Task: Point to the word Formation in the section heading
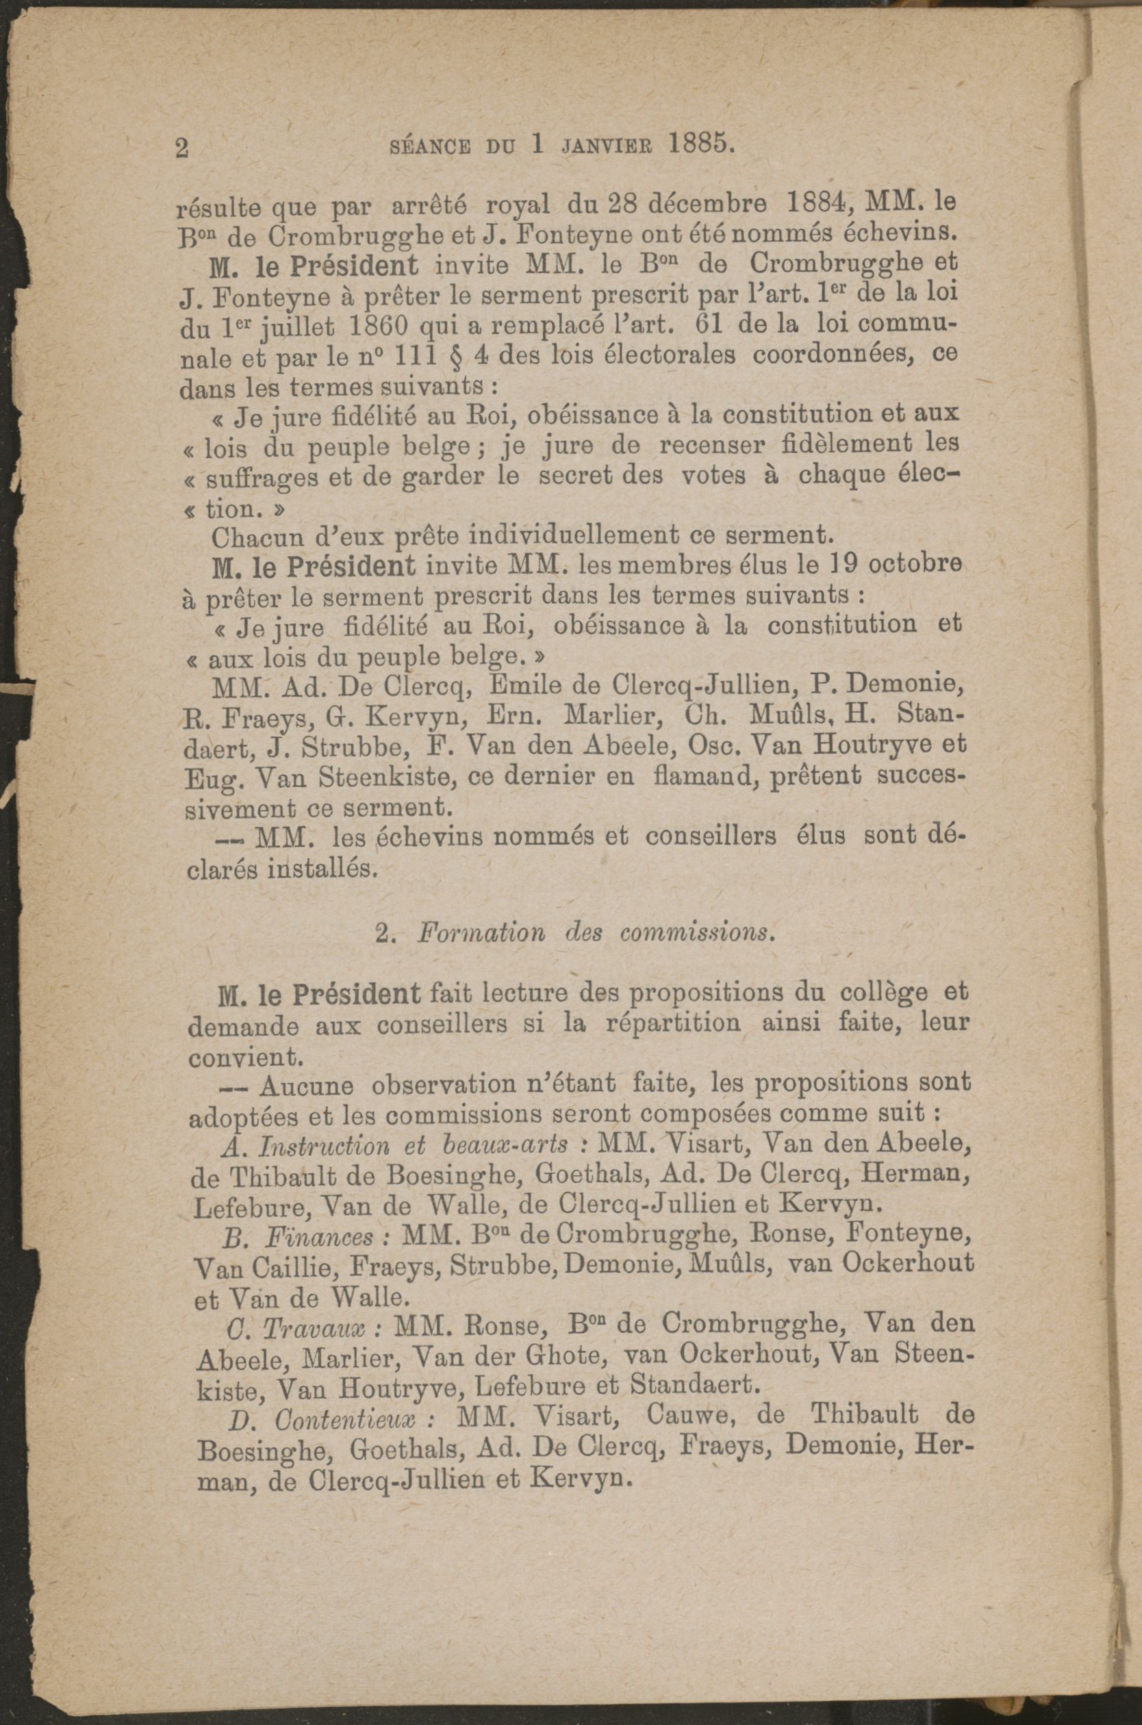point(481,934)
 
